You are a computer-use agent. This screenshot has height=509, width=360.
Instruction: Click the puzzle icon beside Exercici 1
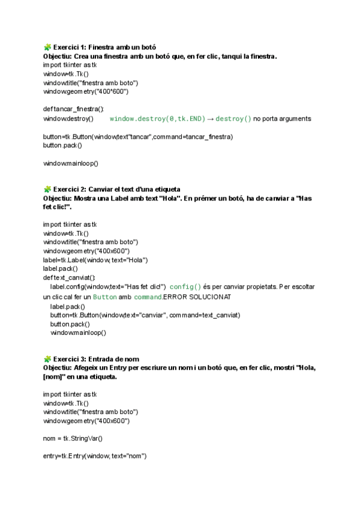coord(47,46)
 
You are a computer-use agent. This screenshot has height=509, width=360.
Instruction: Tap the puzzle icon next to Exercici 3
coord(47,358)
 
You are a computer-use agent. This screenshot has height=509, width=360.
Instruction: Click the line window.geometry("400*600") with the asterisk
coord(86,91)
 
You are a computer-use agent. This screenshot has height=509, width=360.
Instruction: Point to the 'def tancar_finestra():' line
coord(73,109)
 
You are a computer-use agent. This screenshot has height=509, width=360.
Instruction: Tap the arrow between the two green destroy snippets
coord(211,119)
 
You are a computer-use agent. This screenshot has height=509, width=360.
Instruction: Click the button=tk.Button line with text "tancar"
coord(138,137)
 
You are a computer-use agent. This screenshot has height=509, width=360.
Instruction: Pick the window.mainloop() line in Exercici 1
coord(71,163)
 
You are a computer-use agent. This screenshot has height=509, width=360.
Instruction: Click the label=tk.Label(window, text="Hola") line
coord(95,259)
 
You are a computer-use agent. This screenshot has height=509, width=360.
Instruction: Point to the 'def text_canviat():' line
coord(70,277)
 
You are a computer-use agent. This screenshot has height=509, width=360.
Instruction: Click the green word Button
coord(105,297)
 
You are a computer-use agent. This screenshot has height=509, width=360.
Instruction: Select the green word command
coord(148,297)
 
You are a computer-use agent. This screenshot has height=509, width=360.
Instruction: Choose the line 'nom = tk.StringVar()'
coord(73,439)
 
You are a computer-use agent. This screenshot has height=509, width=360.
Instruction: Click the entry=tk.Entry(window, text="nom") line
coord(95,457)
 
